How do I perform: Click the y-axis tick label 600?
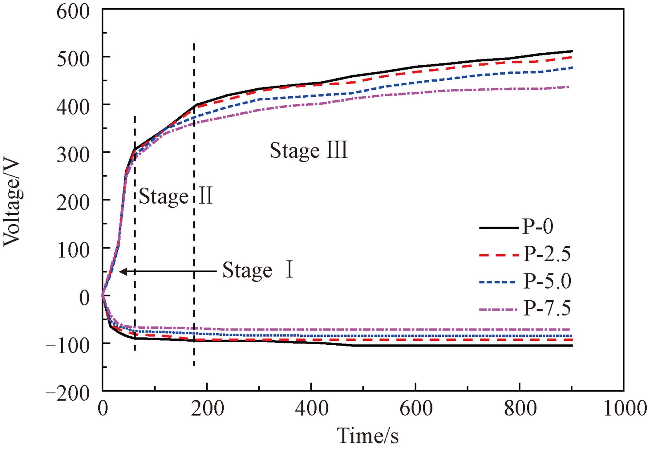coord(73,12)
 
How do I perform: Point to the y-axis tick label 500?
coord(73,59)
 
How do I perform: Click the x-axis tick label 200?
coord(207,409)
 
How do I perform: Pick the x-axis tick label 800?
coord(520,409)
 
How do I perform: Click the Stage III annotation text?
coord(309,151)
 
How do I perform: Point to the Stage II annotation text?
coord(176,196)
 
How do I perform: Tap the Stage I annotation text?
coord(257,270)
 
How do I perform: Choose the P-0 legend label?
coord(538,227)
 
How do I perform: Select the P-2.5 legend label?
coord(547,254)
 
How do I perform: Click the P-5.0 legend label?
coord(547,281)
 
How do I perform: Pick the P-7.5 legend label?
coord(547,308)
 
